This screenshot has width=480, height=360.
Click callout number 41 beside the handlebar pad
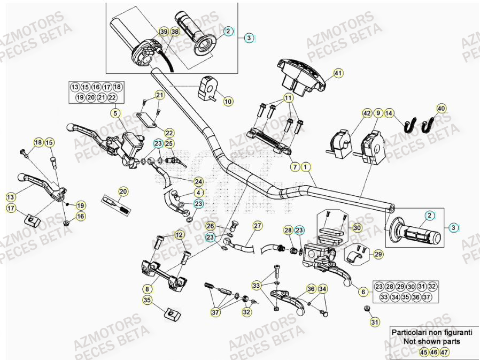[337, 73]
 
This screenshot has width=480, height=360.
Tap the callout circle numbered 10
[228, 101]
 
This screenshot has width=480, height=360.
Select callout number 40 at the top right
[441, 108]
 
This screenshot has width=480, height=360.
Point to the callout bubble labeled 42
[367, 113]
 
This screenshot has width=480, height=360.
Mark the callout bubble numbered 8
[146, 289]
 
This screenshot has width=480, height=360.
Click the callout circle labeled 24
[198, 181]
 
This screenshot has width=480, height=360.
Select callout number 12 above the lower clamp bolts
[179, 234]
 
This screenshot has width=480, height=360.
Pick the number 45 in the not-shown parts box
[423, 352]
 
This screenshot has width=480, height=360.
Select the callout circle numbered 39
[163, 33]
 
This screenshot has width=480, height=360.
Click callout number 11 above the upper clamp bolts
[288, 98]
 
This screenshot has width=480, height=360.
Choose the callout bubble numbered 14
[389, 113]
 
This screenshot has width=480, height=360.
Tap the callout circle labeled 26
[211, 226]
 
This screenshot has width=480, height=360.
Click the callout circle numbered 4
[198, 193]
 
